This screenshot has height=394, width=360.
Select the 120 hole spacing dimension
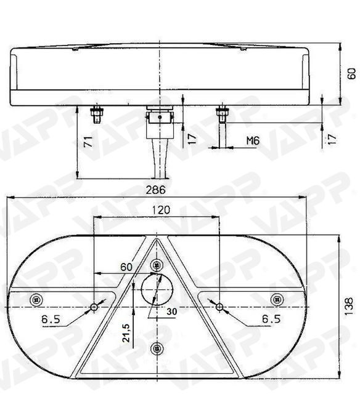(160, 210)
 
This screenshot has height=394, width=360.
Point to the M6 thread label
(253, 141)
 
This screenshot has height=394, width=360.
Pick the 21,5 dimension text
(126, 333)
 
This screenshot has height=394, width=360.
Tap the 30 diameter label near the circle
(171, 312)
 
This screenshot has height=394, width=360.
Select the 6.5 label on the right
(271, 319)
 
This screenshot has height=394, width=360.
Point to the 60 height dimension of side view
(351, 74)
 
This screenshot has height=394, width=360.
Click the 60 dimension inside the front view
(126, 267)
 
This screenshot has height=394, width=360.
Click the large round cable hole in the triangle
(157, 289)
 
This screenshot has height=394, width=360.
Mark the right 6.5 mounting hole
(220, 306)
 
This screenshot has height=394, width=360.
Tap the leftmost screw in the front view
(36, 299)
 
